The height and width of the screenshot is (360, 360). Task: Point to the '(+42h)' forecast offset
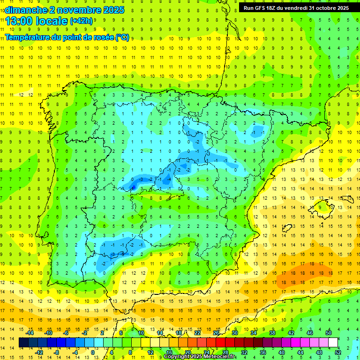point(81,21)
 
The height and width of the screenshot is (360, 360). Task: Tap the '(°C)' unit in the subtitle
point(122,37)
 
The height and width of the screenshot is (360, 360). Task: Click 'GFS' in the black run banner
point(259,8)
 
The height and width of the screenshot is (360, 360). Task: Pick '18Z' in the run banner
point(272,8)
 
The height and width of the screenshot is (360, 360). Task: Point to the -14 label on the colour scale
point(30,333)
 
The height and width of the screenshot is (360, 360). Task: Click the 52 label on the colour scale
point(338,352)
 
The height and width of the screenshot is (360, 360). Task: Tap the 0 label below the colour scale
point(93,352)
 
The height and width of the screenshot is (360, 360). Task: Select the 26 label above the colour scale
point(216,333)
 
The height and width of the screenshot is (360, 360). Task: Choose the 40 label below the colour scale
point(282,352)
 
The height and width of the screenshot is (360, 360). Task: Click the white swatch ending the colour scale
point(333,343)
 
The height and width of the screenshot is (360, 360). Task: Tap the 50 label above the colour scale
point(328,333)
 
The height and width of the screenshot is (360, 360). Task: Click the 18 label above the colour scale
point(179,333)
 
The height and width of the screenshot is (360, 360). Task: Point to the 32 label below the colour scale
point(244,352)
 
